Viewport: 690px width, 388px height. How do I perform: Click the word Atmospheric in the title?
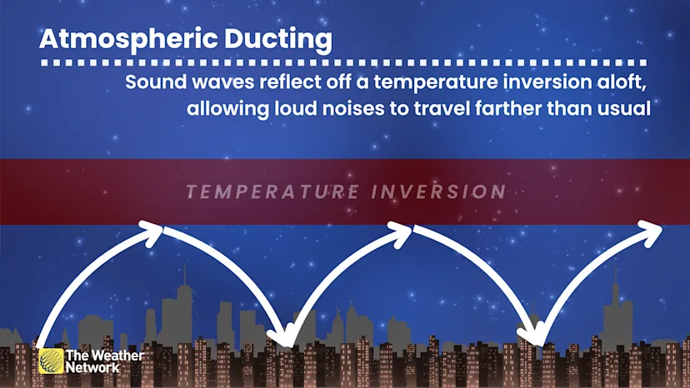point(128,40)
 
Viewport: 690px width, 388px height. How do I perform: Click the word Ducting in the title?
point(278,40)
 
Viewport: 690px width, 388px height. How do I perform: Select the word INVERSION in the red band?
point(439,192)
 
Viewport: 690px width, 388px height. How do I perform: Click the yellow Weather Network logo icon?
point(51,361)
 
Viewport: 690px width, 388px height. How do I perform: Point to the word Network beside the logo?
point(92,368)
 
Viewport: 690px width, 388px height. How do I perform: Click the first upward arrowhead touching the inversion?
point(152,232)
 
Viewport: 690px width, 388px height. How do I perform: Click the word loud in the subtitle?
point(295,108)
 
